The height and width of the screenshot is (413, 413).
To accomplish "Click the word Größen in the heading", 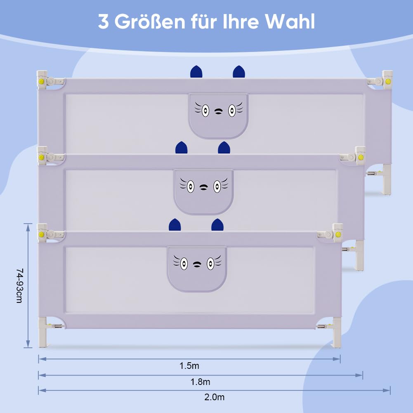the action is coord(150,21).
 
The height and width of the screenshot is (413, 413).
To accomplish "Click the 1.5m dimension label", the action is coord(189,366).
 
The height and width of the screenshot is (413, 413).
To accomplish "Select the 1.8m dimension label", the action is coord(200,382).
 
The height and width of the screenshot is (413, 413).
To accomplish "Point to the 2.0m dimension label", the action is coord(215,397).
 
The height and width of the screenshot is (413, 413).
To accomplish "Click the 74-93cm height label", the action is coord(20,286).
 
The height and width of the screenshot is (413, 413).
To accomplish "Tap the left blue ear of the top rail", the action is coord(196,72).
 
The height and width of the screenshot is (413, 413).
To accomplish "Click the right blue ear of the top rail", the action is coord(239,72).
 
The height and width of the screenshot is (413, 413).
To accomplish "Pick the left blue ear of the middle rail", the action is coord(182,148).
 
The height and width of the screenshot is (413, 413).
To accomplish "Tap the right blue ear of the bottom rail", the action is coord(217,225).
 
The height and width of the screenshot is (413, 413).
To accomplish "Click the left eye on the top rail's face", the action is coord(205,111).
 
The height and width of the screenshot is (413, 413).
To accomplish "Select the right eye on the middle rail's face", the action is coord(217,186).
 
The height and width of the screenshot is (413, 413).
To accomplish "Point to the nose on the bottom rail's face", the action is coord(197,264).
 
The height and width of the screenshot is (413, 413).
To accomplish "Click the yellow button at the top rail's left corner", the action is coord(41,81).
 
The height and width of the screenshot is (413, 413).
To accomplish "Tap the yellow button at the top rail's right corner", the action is coord(388,81).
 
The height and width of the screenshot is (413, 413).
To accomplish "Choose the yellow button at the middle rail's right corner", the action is coord(361,158).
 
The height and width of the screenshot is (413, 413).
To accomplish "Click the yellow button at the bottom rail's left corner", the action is coord(41,234).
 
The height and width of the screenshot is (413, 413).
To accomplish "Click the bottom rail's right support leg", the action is coord(337,332).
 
